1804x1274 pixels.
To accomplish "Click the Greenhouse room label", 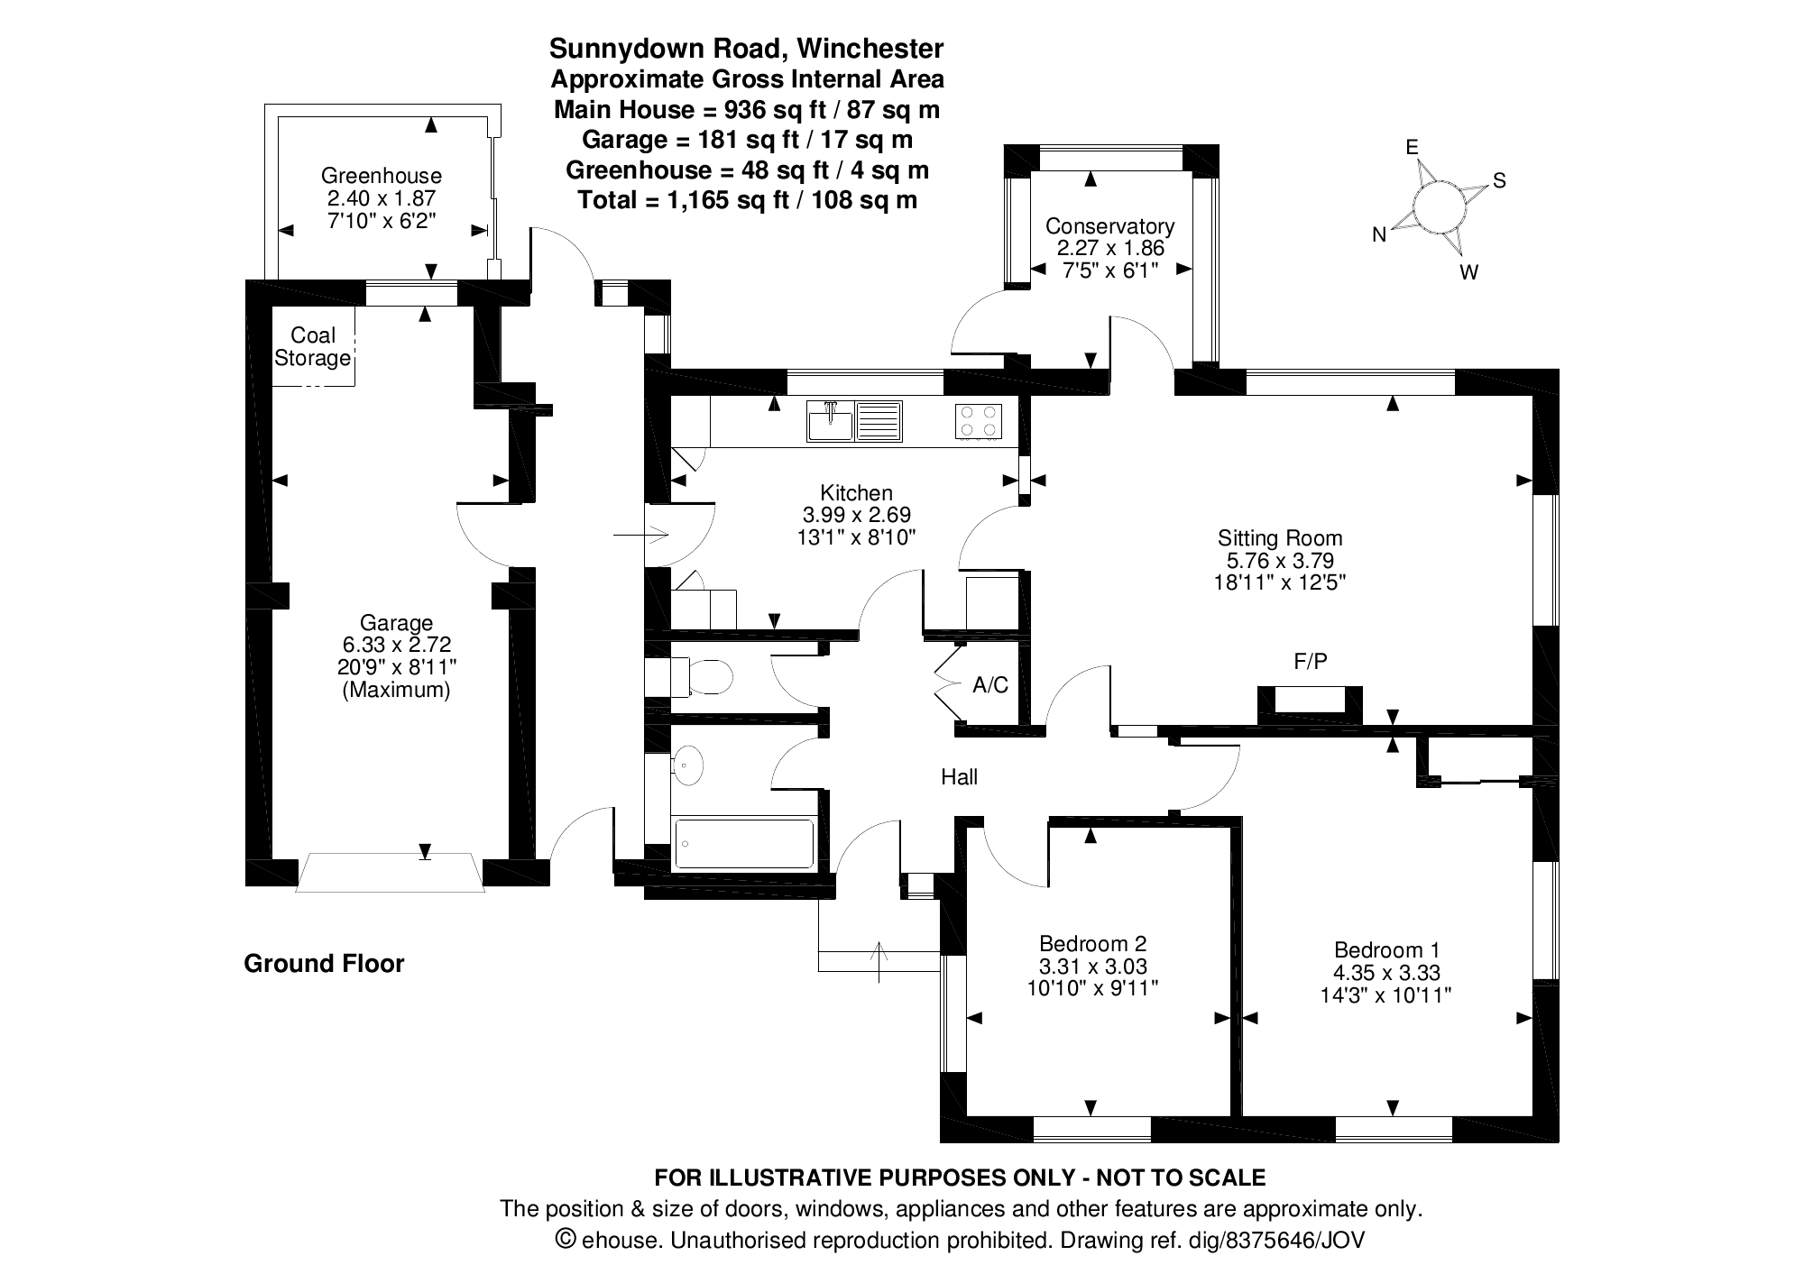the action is point(382,176).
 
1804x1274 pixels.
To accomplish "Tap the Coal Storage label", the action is point(312,347).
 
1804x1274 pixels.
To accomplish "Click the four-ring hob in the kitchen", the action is point(978,421).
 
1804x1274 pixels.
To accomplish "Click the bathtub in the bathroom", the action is point(743,844).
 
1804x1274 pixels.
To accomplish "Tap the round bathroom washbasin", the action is point(688,765).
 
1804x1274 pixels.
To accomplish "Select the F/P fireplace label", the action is point(1311,662).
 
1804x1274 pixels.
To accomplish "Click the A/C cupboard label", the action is point(990,685).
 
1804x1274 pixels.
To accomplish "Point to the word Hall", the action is point(959,777).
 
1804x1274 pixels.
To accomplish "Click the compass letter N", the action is point(1379,235).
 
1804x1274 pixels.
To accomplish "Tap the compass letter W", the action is point(1468,272).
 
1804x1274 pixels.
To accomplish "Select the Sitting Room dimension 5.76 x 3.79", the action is point(1280,560).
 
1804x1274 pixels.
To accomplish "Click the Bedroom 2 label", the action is point(1092,944).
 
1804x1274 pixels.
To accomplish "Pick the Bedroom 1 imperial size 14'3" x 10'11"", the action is point(1386,995).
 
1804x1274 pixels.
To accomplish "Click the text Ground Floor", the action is point(324,964).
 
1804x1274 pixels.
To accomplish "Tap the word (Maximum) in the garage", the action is point(396,691).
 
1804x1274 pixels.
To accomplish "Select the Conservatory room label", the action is point(1109,226).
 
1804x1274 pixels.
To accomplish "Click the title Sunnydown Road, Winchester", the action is point(747,48).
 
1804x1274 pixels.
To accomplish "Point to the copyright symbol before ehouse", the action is point(566,1239).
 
